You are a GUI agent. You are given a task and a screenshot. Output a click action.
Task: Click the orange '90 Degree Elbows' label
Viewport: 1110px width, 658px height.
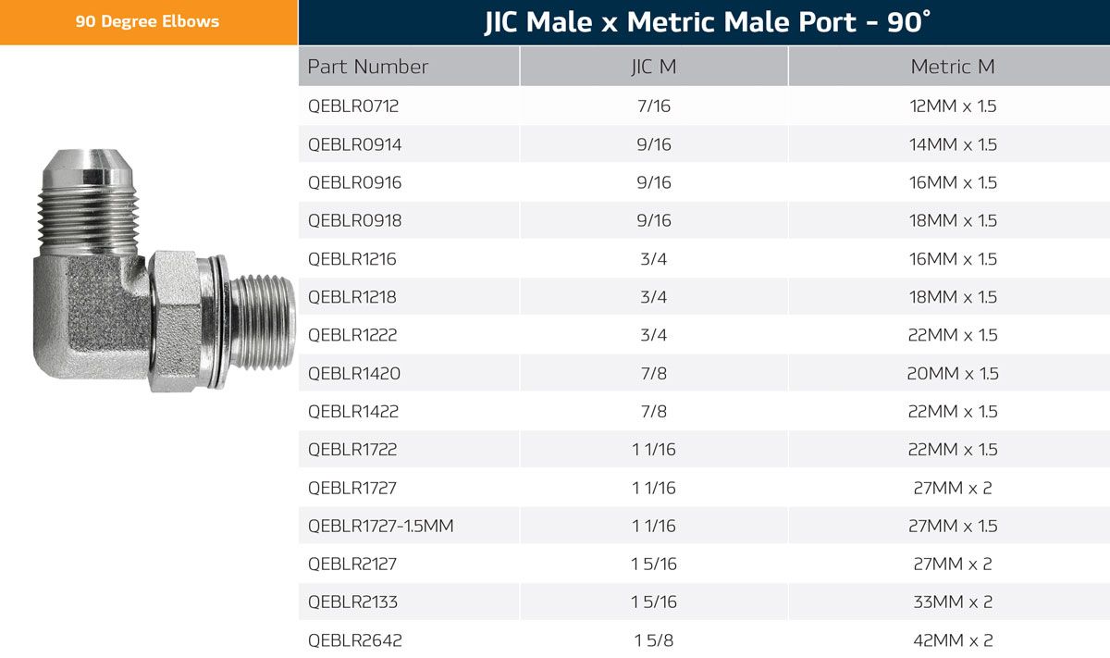click(x=147, y=21)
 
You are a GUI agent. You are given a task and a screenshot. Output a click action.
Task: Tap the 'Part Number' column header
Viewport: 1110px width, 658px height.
click(x=368, y=67)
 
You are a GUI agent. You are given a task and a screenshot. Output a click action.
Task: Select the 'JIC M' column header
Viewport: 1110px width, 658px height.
click(x=654, y=67)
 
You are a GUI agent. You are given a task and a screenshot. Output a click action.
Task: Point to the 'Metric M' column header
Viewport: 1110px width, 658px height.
click(x=953, y=67)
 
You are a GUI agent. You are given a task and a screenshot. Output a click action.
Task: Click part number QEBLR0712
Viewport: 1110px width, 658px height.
click(x=353, y=106)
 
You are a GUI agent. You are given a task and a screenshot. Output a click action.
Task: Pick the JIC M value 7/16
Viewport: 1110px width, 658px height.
click(x=654, y=106)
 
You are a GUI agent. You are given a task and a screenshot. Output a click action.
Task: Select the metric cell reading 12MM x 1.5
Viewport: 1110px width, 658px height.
click(x=953, y=106)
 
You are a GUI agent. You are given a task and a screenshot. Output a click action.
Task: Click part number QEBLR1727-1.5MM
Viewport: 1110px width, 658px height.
click(x=380, y=526)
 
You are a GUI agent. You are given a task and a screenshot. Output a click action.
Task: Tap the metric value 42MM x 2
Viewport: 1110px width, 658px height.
click(x=953, y=640)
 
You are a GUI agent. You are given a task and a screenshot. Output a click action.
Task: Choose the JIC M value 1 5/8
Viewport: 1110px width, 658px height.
click(x=654, y=640)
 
